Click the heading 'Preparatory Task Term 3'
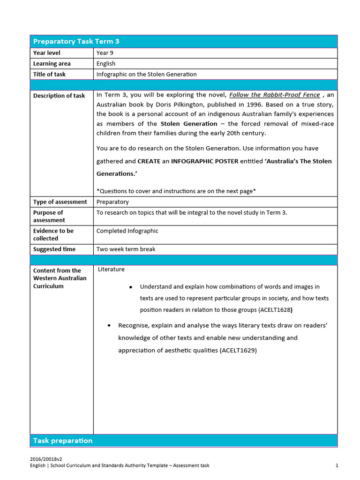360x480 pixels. (76, 41)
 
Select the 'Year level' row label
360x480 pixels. (47, 53)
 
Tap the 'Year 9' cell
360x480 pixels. (105, 53)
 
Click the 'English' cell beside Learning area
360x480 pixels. (106, 64)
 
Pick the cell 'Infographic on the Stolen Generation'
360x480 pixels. (146, 74)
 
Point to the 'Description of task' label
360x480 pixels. (59, 96)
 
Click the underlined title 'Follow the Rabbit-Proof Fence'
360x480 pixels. (275, 95)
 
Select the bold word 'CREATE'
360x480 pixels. (149, 161)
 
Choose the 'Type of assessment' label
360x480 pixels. (60, 202)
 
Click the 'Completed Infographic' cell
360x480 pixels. (127, 231)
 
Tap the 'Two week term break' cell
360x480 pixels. (126, 249)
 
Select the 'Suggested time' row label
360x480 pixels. (54, 249)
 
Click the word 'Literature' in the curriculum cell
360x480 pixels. (112, 270)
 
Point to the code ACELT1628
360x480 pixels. (276, 310)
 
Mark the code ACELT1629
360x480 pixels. (238, 350)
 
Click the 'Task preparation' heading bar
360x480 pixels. (63, 441)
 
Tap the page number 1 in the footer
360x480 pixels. (337, 465)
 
